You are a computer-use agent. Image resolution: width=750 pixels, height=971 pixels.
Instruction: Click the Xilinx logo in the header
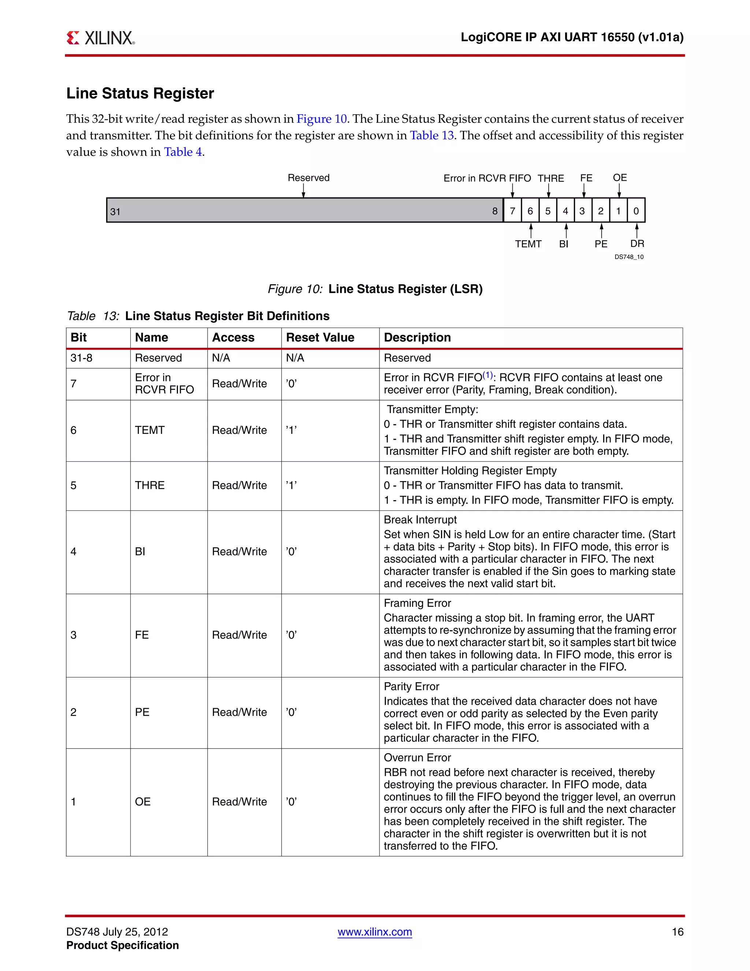tap(100, 38)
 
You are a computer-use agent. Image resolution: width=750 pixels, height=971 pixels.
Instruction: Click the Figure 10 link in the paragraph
tap(321, 119)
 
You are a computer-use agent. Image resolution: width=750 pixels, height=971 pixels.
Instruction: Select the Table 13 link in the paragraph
tap(431, 136)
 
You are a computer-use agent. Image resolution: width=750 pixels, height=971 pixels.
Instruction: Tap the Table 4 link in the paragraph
tap(183, 152)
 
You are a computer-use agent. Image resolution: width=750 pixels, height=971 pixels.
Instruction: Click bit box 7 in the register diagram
tap(512, 211)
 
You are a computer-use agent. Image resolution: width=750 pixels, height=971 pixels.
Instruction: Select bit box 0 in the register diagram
tap(636, 211)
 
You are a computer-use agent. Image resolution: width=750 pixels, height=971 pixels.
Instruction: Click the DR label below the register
tap(637, 244)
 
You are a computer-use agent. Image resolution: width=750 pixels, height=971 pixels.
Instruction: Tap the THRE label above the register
tap(550, 178)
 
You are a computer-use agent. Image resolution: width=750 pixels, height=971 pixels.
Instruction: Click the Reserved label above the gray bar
tap(308, 178)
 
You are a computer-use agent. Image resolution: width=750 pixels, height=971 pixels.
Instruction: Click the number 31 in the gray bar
tap(115, 212)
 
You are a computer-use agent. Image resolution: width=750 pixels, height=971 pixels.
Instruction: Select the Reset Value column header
tap(320, 337)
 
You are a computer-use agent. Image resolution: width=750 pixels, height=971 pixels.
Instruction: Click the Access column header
tap(233, 337)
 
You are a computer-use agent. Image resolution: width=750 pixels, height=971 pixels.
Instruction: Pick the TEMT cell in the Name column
tap(150, 431)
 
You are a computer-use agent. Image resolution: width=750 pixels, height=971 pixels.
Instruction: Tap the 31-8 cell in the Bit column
tap(81, 358)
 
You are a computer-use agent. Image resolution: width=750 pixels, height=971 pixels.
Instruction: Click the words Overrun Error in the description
tap(417, 758)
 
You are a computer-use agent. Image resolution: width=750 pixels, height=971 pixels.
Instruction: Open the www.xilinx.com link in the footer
tap(375, 932)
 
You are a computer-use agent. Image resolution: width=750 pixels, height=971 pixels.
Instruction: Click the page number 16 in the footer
tap(677, 932)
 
